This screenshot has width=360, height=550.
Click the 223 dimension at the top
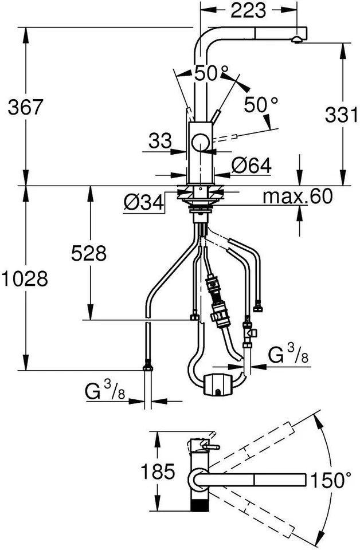click(x=249, y=10)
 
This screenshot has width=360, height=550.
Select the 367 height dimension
click(x=24, y=107)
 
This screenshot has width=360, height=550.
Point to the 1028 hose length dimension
click(x=25, y=279)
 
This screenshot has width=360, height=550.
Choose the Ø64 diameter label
click(x=251, y=166)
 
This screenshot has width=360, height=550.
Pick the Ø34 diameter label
click(x=143, y=202)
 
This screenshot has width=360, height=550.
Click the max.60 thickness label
click(x=298, y=197)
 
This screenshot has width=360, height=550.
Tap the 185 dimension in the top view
click(x=158, y=472)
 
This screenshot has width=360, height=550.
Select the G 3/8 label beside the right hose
click(x=289, y=356)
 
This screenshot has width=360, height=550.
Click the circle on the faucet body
click(x=201, y=143)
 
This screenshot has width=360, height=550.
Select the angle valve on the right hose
click(x=249, y=332)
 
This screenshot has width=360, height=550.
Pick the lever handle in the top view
click(x=207, y=446)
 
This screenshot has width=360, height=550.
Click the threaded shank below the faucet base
click(x=200, y=215)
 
